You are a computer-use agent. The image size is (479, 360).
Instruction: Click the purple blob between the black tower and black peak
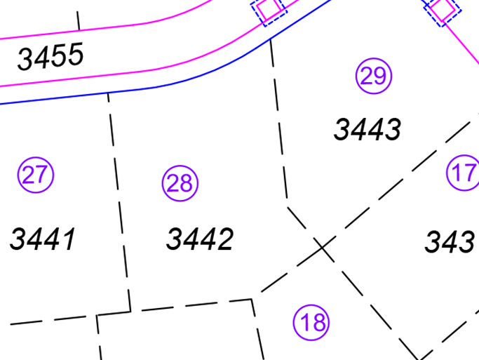point(189,168)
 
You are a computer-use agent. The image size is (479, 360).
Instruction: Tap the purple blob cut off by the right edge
point(456,175)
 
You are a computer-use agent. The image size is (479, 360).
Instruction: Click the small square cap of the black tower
point(109,102)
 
